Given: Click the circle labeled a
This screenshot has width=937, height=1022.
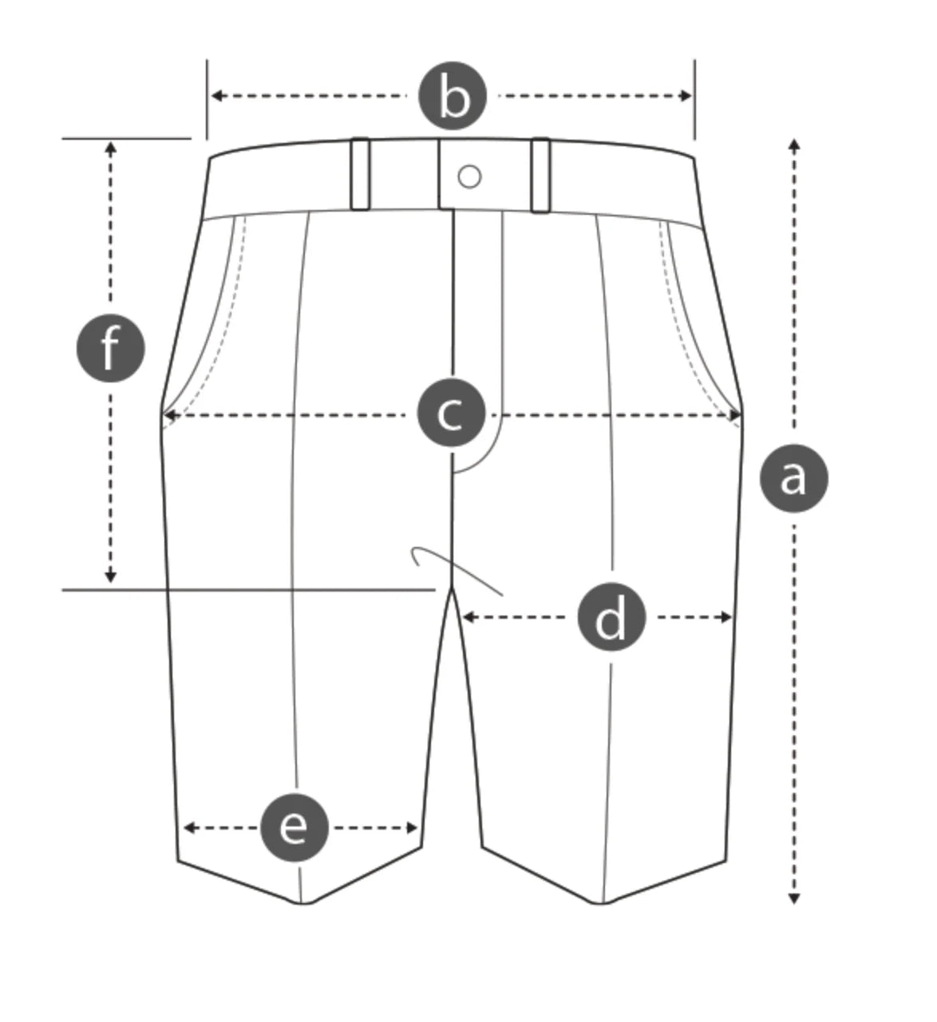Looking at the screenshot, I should (x=793, y=478).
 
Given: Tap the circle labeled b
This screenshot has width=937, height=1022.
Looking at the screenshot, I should (x=453, y=97).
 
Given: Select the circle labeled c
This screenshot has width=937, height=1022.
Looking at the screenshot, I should (x=452, y=414).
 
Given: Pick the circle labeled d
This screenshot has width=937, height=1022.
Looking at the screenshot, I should (x=611, y=618).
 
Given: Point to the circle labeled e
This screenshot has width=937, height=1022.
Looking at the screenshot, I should (x=294, y=828).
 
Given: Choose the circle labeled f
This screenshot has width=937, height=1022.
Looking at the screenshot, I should (x=110, y=349).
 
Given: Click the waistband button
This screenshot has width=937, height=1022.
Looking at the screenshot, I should (x=470, y=176).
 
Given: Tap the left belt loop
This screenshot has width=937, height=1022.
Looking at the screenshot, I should (x=360, y=174).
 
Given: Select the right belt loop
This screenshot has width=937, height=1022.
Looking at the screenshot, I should (x=540, y=175).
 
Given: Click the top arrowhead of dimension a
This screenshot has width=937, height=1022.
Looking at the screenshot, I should (x=793, y=144).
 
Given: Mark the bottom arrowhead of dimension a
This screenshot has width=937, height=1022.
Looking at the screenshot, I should (x=793, y=898).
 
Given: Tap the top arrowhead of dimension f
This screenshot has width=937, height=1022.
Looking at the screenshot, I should (x=111, y=147).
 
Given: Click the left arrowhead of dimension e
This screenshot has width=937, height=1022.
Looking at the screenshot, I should (x=188, y=828).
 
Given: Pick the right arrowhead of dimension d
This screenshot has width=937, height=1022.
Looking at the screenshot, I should (x=726, y=617).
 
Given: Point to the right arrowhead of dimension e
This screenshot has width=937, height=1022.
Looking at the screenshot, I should (x=413, y=828).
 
